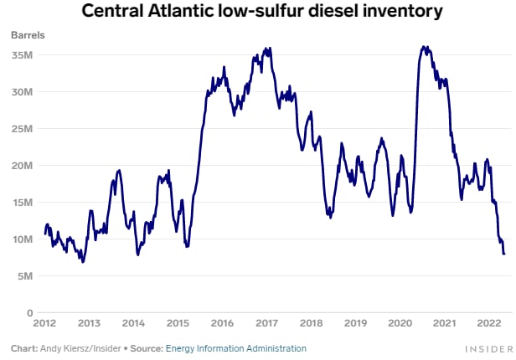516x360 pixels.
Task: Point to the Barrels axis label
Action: [28, 36]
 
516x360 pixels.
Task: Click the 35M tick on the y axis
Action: [22, 55]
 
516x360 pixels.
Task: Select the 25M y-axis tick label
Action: [22, 129]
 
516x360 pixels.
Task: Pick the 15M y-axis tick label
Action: [22, 203]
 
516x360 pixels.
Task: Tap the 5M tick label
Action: [24, 276]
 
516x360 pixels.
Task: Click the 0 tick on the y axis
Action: [28, 312]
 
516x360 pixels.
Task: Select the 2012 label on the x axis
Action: [44, 323]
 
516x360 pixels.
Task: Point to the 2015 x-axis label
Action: [178, 323]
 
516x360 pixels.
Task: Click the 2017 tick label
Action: [266, 323]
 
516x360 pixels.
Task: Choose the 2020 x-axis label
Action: [400, 323]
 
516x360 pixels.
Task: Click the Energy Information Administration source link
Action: [236, 348]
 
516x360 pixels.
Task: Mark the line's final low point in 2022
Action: [503, 254]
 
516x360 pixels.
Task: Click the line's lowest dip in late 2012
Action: [82, 261]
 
